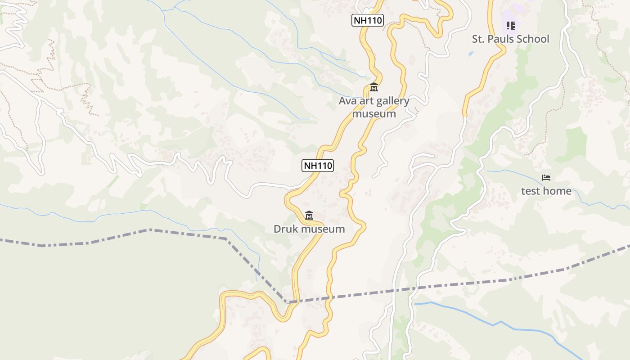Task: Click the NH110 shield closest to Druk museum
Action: click(x=318, y=166)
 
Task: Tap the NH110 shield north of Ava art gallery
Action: click(x=367, y=20)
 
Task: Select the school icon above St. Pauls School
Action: click(x=510, y=26)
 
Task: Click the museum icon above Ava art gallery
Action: click(x=373, y=87)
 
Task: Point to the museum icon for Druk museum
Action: click(x=309, y=216)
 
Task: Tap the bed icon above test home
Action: click(x=546, y=178)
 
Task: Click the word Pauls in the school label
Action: click(x=501, y=39)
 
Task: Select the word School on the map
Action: click(x=533, y=39)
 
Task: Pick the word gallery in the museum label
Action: click(x=390, y=101)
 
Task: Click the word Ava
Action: click(x=348, y=101)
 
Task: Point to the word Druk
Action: click(x=286, y=229)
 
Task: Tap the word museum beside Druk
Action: click(x=323, y=229)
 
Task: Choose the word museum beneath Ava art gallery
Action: click(x=374, y=114)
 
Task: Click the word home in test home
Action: click(x=558, y=191)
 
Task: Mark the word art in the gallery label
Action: click(x=365, y=101)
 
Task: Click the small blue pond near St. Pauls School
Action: click(x=471, y=54)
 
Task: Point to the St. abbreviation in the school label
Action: click(x=478, y=39)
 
